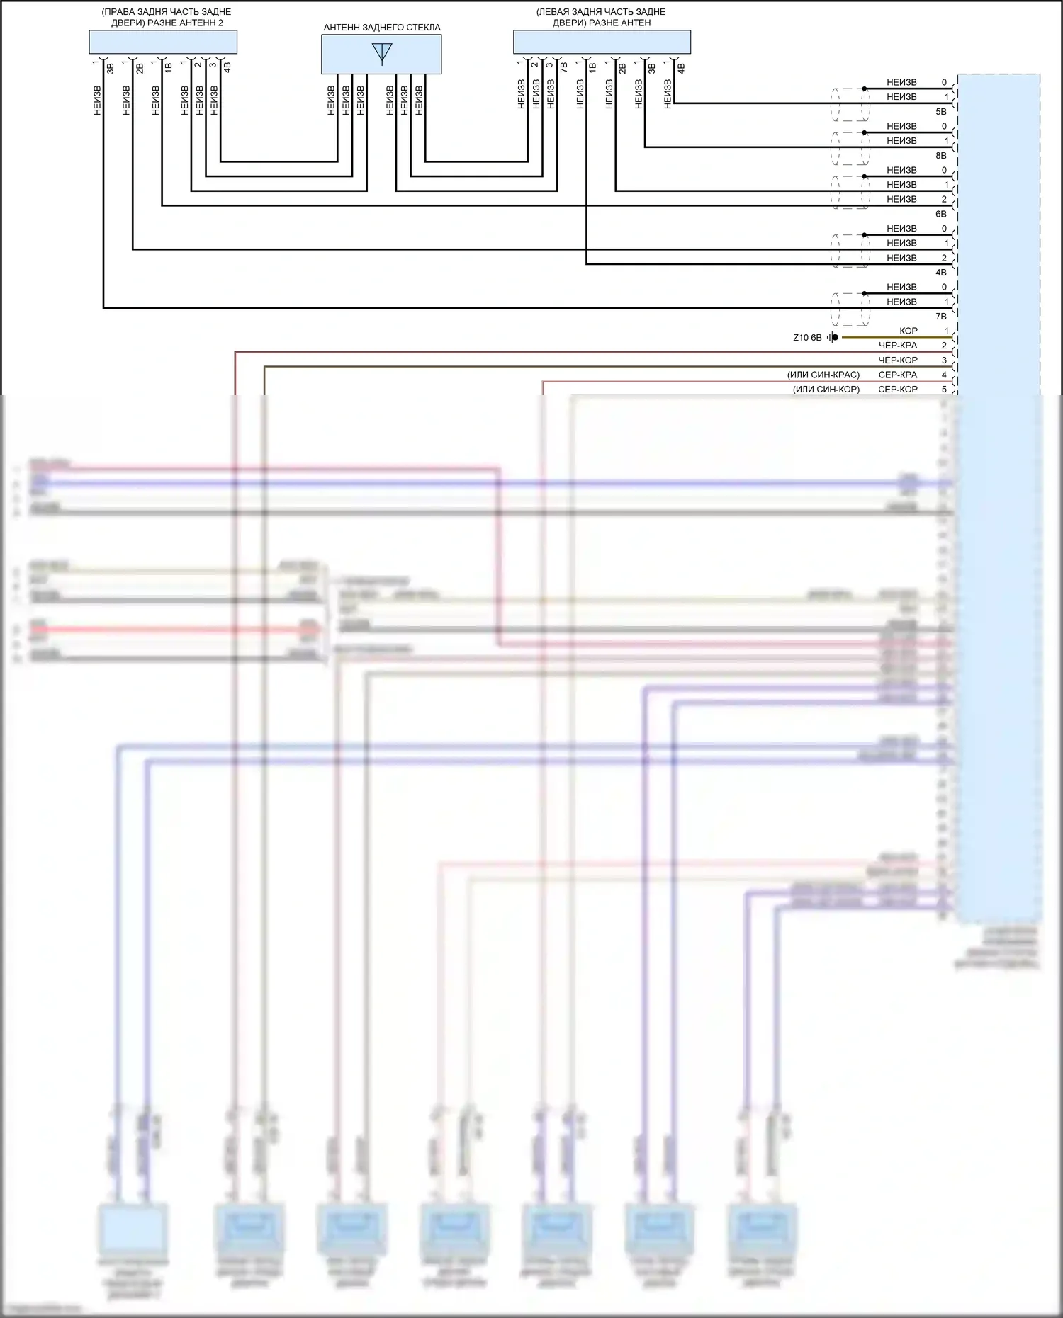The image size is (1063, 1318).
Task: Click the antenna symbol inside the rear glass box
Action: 382,53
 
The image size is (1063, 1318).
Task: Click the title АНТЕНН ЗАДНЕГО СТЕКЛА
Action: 382,28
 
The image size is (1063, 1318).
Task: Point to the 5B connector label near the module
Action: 940,112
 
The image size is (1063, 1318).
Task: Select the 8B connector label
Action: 940,156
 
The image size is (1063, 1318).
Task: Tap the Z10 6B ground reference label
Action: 807,338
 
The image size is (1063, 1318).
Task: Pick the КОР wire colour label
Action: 908,331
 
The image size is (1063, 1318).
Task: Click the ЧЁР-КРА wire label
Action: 897,346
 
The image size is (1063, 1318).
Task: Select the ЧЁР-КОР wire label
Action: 897,360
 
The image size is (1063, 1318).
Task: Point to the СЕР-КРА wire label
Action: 897,375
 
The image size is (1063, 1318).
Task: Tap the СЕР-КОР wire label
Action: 897,390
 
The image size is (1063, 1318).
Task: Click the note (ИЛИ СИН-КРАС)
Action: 823,375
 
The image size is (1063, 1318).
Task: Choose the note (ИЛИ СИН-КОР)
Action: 826,390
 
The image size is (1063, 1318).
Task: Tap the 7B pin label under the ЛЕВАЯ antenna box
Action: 564,68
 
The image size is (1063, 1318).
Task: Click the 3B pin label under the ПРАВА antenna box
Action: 111,68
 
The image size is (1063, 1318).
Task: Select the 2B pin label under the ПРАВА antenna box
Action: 140,68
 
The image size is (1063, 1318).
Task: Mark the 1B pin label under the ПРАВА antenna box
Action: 169,68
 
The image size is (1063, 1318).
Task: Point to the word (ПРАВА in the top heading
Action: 118,12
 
